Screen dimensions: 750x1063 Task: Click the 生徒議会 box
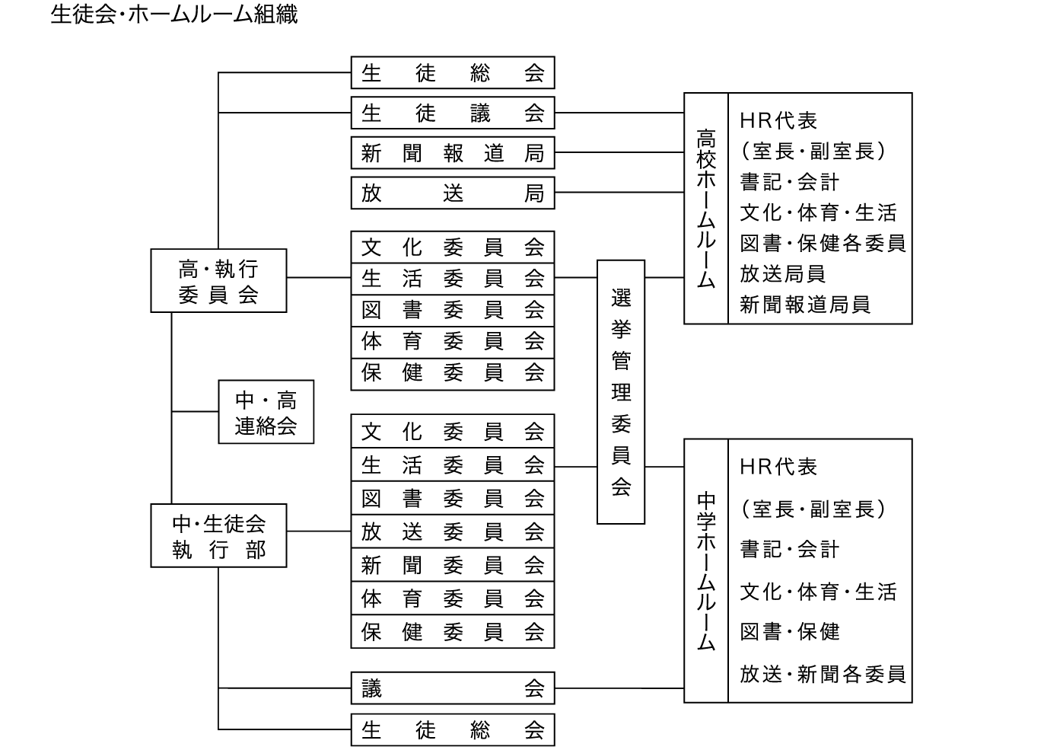[452, 113]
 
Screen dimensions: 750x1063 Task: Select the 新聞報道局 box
[452, 153]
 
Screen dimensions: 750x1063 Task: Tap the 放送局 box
[452, 193]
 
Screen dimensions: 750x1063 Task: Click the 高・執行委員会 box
[218, 281]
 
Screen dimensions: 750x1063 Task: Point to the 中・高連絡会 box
[266, 412]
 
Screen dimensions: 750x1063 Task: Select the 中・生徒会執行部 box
[218, 535]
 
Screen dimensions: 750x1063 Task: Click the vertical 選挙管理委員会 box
[621, 392]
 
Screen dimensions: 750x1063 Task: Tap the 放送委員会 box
[452, 531]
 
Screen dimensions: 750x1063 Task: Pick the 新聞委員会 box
[452, 565]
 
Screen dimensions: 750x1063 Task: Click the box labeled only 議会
[452, 688]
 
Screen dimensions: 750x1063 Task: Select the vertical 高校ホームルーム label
[706, 209]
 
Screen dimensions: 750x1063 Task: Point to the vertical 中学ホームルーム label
[706, 570]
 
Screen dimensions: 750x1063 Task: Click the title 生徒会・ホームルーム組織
[173, 14]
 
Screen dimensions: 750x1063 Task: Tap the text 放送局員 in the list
[782, 274]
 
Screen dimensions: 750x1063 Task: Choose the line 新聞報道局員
[804, 305]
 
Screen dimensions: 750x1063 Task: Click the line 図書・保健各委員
[823, 243]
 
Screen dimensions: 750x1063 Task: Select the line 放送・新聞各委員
[823, 674]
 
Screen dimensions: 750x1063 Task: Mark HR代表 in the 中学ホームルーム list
[778, 467]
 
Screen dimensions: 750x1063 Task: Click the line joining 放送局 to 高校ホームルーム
[619, 193]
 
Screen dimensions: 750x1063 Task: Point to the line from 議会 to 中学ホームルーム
[619, 688]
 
